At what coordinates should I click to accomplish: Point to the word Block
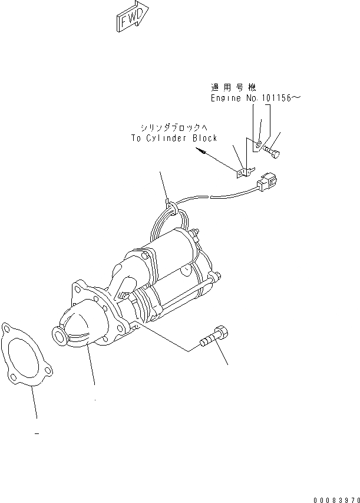(x=204, y=138)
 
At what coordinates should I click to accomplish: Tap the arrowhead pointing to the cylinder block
(x=203, y=152)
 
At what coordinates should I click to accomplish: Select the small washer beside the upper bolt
(x=259, y=143)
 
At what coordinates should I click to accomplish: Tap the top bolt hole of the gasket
(x=8, y=327)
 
